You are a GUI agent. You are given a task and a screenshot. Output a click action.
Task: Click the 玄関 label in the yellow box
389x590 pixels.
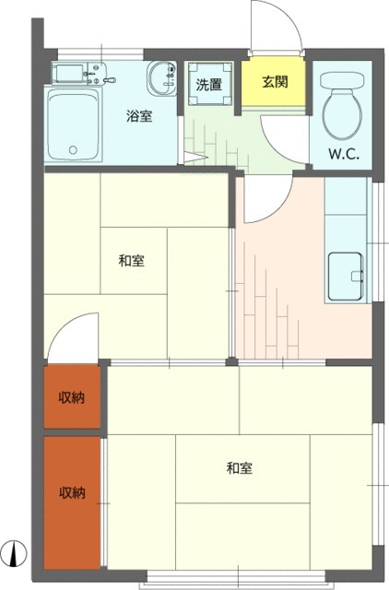click(x=276, y=81)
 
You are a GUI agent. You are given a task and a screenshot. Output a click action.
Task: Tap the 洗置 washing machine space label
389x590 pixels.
click(x=208, y=84)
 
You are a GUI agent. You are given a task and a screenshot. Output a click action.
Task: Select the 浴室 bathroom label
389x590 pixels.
click(x=139, y=116)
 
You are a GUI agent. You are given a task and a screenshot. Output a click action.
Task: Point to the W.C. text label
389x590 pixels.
click(x=344, y=154)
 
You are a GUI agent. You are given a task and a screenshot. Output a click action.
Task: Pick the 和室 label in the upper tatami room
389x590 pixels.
click(x=131, y=261)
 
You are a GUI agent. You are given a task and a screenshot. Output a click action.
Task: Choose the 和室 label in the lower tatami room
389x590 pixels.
click(x=240, y=469)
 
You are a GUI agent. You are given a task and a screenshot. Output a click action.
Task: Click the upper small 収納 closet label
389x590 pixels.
click(x=72, y=398)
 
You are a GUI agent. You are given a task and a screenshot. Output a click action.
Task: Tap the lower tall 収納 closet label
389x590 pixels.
click(x=72, y=492)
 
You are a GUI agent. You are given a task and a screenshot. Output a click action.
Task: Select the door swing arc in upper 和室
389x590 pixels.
click(x=74, y=336)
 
